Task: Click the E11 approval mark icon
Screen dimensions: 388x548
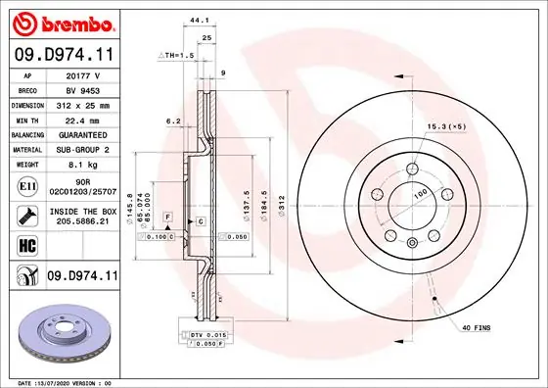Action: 26,185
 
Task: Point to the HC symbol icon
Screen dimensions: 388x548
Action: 26,246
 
